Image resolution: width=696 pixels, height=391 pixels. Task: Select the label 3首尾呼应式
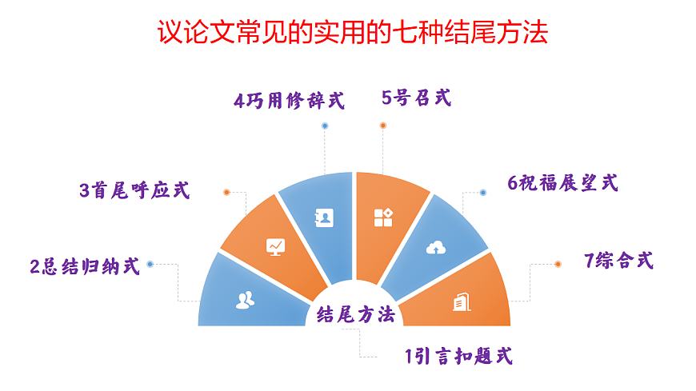click(x=134, y=190)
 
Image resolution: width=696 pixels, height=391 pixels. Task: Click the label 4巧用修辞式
click(x=289, y=101)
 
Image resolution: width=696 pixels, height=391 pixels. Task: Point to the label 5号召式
click(x=416, y=98)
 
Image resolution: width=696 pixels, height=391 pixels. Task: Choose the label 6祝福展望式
click(x=563, y=182)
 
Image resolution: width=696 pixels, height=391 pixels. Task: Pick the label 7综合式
click(x=619, y=260)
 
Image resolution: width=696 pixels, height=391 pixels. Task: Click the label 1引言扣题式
click(x=458, y=355)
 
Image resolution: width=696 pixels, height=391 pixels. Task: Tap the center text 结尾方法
click(x=356, y=314)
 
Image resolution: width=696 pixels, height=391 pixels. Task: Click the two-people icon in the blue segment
click(x=245, y=300)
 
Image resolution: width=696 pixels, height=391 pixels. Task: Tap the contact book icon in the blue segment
click(x=326, y=217)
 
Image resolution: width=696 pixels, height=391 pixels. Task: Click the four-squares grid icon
click(x=382, y=217)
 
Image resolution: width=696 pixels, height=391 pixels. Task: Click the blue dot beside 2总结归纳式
click(x=150, y=264)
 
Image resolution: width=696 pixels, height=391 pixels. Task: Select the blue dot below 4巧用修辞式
click(x=324, y=126)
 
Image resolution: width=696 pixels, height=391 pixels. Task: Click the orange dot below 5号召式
click(x=383, y=126)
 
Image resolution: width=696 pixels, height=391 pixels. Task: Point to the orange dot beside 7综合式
click(x=558, y=264)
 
